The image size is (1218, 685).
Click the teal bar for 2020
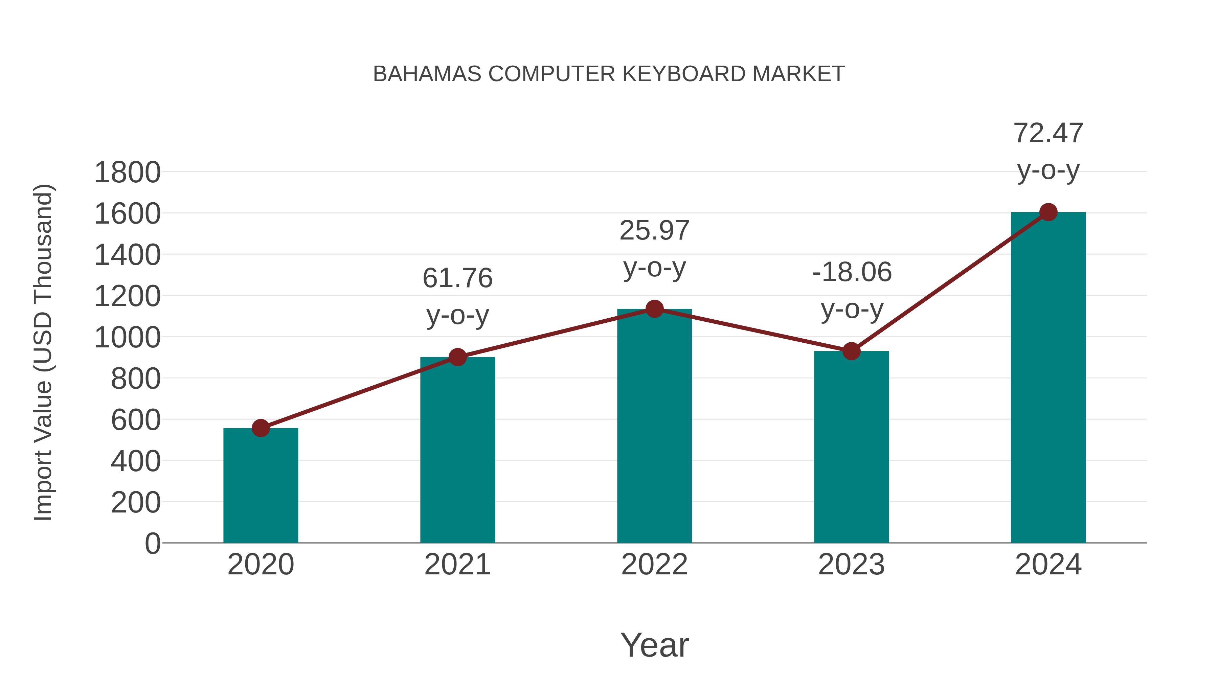coord(261,487)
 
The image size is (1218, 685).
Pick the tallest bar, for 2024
coord(1048,378)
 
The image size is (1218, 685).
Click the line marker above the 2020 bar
coord(261,428)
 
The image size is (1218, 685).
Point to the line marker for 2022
coord(654,309)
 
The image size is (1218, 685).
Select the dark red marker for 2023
coord(851,351)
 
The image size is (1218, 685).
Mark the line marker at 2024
coord(1048,212)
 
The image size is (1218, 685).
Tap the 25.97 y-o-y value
coord(654,231)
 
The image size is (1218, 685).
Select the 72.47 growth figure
coord(1048,133)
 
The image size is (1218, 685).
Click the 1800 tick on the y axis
coord(128,173)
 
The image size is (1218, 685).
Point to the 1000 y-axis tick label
coord(128,338)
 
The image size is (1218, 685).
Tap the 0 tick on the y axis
coord(153,543)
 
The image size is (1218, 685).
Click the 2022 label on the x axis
coord(654,565)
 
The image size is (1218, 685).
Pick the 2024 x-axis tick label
coord(1048,565)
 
